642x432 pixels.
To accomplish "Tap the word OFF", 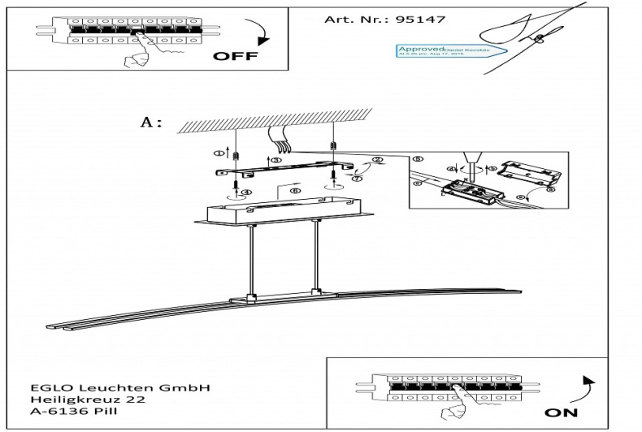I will [x=235, y=58].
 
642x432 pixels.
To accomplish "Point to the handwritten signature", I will [x=520, y=32].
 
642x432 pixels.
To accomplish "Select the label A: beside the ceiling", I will [x=152, y=123].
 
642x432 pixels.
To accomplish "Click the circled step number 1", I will [x=218, y=152].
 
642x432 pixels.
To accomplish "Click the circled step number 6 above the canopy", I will [x=296, y=191].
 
